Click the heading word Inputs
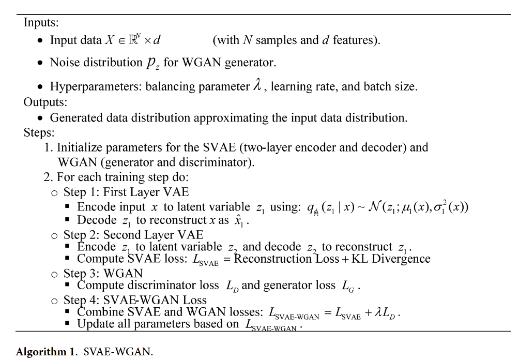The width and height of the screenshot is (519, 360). (x=41, y=23)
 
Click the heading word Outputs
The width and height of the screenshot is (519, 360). (x=45, y=102)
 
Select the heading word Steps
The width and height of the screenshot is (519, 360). (x=39, y=132)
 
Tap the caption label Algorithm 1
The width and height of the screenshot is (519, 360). (x=45, y=352)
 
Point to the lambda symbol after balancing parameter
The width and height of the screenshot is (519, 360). (x=257, y=86)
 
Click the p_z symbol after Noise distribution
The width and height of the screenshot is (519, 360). (x=153, y=63)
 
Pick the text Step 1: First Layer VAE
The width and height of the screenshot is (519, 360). (x=126, y=192)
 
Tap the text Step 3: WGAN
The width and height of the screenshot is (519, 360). (x=103, y=273)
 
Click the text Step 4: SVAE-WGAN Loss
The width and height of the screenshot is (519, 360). (x=135, y=300)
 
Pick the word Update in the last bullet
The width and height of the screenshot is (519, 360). (x=95, y=324)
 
